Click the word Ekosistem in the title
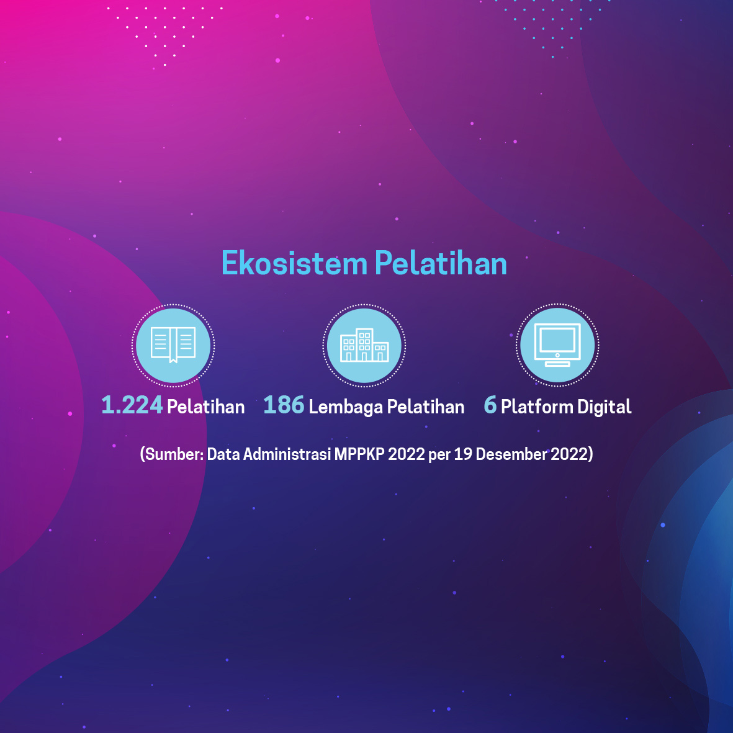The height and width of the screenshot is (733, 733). [295, 263]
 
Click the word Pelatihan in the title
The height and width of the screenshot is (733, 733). [441, 263]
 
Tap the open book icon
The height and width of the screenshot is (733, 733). [173, 345]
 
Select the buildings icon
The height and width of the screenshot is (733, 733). [364, 345]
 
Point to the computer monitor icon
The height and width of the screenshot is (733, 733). [557, 345]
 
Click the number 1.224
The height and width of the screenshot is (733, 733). [132, 405]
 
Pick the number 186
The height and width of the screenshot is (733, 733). [284, 405]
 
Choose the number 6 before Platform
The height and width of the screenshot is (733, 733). [490, 405]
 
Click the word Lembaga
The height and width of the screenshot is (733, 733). [346, 407]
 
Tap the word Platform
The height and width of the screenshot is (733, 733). [537, 407]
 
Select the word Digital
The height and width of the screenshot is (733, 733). [605, 407]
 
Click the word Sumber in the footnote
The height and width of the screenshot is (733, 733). [174, 454]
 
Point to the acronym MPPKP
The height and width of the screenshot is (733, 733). [359, 454]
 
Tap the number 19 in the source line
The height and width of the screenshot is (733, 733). [463, 454]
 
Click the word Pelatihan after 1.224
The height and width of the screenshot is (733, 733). [205, 407]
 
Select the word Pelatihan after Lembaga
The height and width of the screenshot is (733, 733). [425, 407]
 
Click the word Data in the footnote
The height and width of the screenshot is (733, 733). [223, 454]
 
